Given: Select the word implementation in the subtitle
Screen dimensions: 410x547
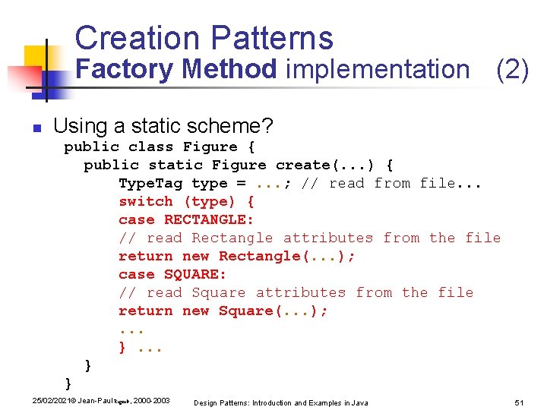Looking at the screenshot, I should [x=378, y=69].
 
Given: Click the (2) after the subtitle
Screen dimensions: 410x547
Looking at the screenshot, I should [x=512, y=69].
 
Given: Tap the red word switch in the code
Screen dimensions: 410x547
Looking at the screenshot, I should [x=146, y=201].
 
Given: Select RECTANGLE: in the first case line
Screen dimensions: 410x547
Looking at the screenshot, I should [x=209, y=219].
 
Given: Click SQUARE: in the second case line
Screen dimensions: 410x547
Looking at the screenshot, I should [x=195, y=274].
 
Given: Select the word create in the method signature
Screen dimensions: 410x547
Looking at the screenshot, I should [x=302, y=165].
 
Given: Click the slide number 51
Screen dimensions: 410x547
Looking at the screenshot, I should [x=520, y=402].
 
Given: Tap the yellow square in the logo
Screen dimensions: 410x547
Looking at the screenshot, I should [x=36, y=57].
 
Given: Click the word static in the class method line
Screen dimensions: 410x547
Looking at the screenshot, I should [x=175, y=165].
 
